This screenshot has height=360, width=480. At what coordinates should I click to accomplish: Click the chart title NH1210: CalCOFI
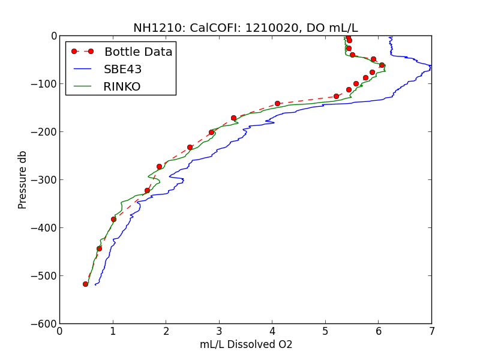pos(245,28)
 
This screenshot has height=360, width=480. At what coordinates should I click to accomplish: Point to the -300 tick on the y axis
pos(45,180)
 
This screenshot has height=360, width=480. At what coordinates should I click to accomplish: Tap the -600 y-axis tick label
pos(45,324)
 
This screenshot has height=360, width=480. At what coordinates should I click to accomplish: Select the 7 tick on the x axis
pos(431,331)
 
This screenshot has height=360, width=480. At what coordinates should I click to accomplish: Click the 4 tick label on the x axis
pos(272,331)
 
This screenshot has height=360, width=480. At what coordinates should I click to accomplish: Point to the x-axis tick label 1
pos(113,331)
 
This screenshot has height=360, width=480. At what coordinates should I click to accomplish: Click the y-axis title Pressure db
pos(23,180)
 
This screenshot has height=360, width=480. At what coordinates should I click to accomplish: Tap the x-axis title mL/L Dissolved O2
pos(245,345)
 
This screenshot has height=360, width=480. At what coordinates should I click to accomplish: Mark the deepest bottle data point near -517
pos(85,284)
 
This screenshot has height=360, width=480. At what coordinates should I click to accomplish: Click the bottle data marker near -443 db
pos(99,248)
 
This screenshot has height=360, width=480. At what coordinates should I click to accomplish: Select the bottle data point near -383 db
pos(113,219)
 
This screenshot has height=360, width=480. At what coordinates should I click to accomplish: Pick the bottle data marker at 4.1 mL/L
pos(277,103)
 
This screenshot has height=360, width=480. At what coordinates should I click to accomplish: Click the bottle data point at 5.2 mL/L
pos(336,96)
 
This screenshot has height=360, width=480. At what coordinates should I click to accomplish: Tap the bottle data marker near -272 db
pos(159,166)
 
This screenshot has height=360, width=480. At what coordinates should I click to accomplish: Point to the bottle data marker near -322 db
pos(147,190)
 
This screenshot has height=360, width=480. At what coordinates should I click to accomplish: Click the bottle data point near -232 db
pos(190,147)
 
